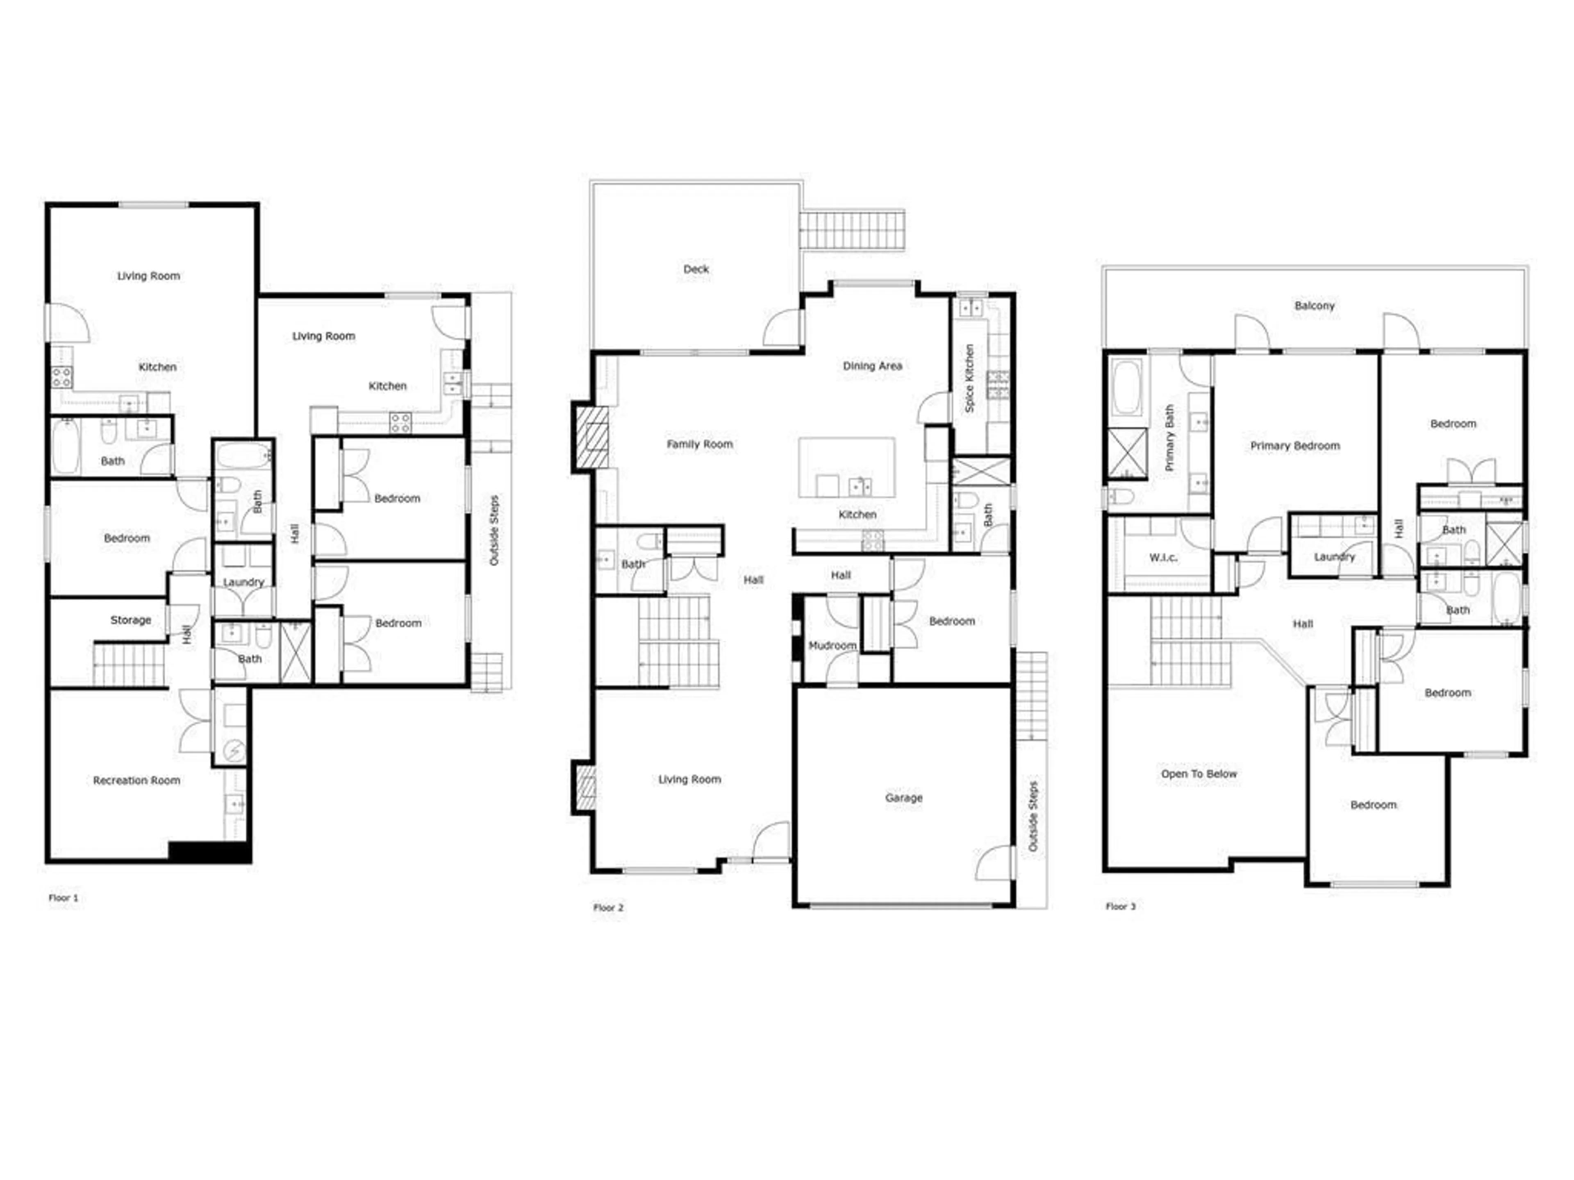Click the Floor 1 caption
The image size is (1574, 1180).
pyautogui.click(x=64, y=898)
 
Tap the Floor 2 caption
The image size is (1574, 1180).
pyautogui.click(x=608, y=908)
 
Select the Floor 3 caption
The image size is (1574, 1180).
pyautogui.click(x=1121, y=906)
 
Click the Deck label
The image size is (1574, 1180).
pyautogui.click(x=696, y=269)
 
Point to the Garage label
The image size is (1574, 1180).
pyautogui.click(x=904, y=797)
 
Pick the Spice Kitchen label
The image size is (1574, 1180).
pyautogui.click(x=969, y=379)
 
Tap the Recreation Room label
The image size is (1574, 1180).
pyautogui.click(x=136, y=780)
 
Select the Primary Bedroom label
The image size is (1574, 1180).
pyautogui.click(x=1295, y=446)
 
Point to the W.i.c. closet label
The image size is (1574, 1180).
pyautogui.click(x=1163, y=558)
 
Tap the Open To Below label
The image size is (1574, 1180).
pyautogui.click(x=1199, y=774)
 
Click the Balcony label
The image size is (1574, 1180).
pyautogui.click(x=1314, y=306)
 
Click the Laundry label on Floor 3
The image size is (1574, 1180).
pyautogui.click(x=1334, y=557)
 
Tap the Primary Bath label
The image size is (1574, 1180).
pyautogui.click(x=1169, y=438)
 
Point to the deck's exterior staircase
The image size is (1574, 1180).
pyautogui.click(x=852, y=230)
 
